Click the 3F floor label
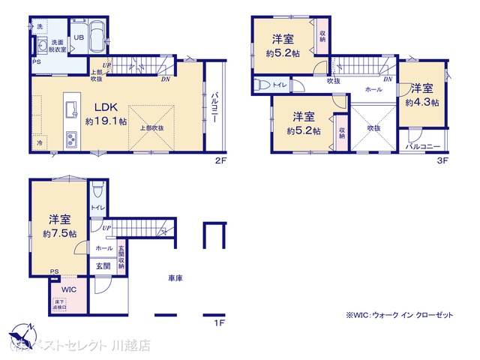point(442,159)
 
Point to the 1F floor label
point(217,322)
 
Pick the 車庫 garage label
point(175,277)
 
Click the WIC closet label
point(69,288)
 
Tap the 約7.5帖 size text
point(59,234)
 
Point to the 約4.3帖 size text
point(421,102)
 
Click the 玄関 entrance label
point(103,265)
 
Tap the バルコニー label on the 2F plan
point(214,108)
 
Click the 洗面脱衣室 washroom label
point(56,44)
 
